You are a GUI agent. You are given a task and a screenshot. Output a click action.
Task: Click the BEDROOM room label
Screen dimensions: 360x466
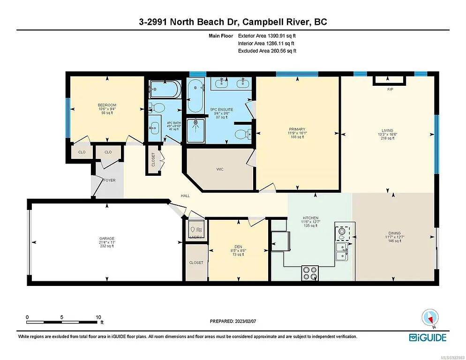[107, 105]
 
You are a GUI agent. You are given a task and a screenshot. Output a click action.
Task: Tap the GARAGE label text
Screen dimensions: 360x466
[106, 239]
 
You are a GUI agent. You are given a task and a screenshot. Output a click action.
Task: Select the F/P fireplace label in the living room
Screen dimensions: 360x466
[390, 90]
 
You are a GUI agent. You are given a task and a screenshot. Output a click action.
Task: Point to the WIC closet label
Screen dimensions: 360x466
[219, 169]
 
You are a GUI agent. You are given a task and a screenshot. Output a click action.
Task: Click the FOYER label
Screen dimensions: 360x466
[109, 180]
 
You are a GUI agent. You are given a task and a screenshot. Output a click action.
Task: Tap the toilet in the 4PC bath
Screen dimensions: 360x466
[157, 108]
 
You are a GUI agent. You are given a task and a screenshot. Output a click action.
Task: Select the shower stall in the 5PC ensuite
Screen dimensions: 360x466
[196, 130]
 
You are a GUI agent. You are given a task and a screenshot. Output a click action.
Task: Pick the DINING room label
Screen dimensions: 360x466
[395, 232]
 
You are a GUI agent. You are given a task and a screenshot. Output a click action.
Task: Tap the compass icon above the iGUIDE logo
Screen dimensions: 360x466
[429, 318]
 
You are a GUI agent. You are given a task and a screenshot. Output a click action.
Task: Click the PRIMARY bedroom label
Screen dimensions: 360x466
[297, 129]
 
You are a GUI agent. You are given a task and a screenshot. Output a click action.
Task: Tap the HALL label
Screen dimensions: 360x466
[185, 196]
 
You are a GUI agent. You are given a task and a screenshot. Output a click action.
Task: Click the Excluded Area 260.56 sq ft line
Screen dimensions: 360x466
[267, 51]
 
